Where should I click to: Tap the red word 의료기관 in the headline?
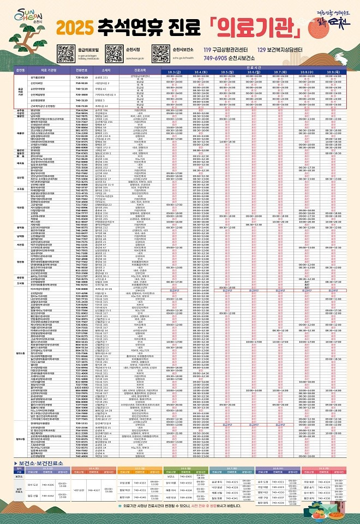point(256,26)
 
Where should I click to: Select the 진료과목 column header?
point(141,70)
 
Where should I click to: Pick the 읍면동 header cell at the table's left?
point(21,70)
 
